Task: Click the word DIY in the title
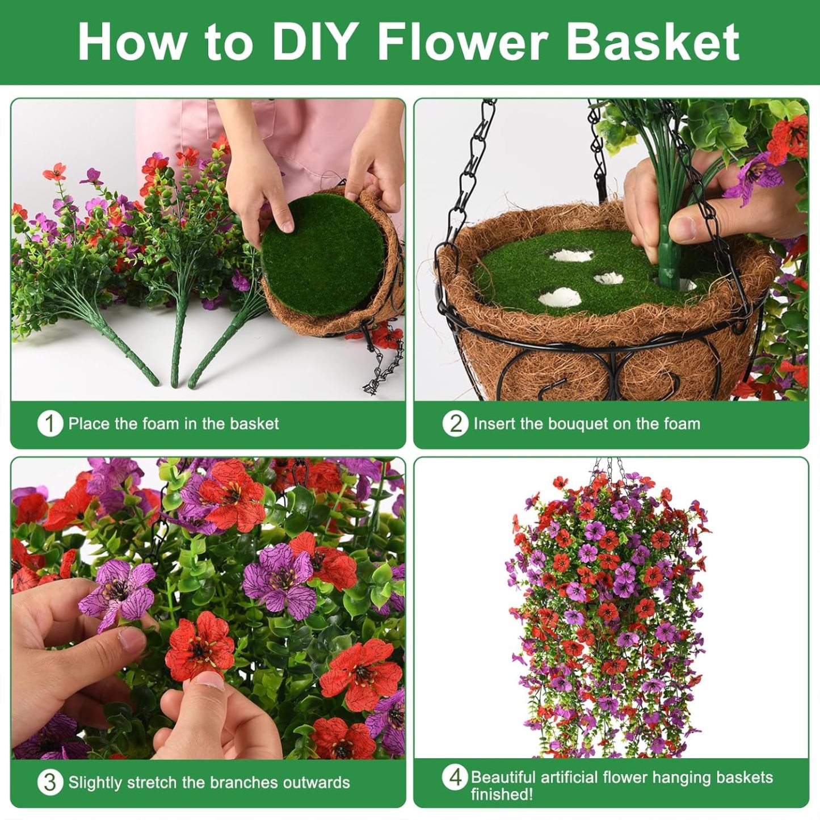point(314,42)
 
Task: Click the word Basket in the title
point(653,42)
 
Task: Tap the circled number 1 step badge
point(50,424)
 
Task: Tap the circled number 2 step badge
point(455,423)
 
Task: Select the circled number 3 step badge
point(50,783)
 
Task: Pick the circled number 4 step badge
point(455,777)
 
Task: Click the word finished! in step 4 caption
point(502,794)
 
